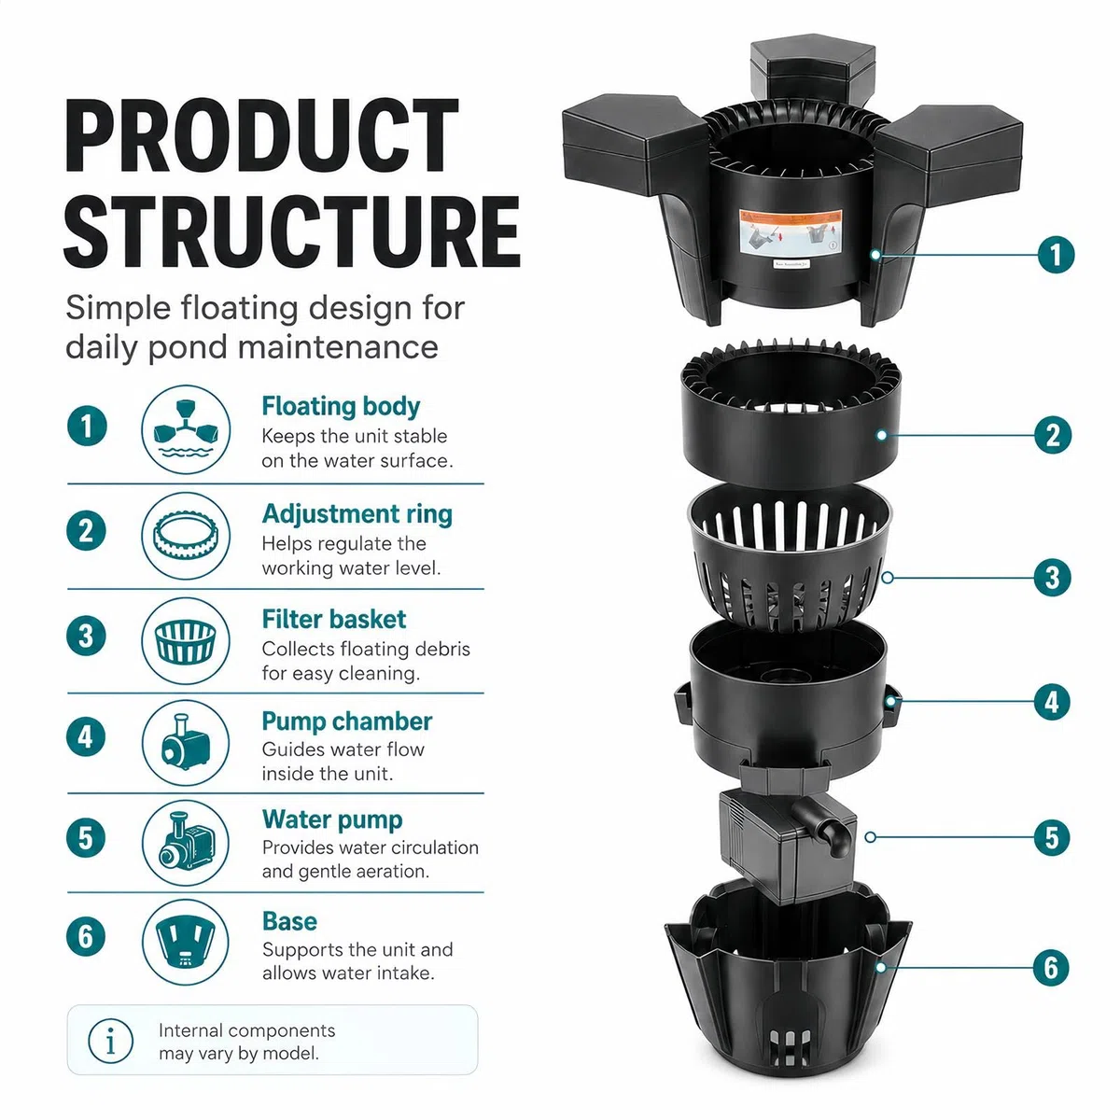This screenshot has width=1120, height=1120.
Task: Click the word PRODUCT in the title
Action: click(261, 135)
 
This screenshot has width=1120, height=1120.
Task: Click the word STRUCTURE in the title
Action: click(292, 231)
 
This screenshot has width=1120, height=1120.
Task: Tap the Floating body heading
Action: click(341, 406)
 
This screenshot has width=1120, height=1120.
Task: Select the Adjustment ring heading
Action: click(357, 514)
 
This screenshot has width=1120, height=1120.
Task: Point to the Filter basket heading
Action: click(333, 619)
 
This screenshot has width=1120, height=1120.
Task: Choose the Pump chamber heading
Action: click(347, 721)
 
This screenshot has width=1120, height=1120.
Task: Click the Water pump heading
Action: click(332, 820)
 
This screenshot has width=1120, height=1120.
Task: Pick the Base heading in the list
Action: click(289, 921)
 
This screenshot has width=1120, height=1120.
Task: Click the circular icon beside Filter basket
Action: click(186, 641)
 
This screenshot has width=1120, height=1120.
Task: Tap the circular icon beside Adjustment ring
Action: click(186, 536)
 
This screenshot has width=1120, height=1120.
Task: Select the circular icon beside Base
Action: click(186, 942)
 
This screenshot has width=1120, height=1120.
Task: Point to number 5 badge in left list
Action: click(86, 838)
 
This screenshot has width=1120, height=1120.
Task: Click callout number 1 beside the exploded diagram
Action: click(1056, 255)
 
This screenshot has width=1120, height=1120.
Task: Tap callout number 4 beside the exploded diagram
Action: click(1052, 702)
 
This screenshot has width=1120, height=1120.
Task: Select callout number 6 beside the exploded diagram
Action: click(1051, 968)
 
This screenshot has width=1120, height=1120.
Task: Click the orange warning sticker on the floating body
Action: click(791, 231)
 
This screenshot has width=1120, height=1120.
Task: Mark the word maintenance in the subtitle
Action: click(338, 347)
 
